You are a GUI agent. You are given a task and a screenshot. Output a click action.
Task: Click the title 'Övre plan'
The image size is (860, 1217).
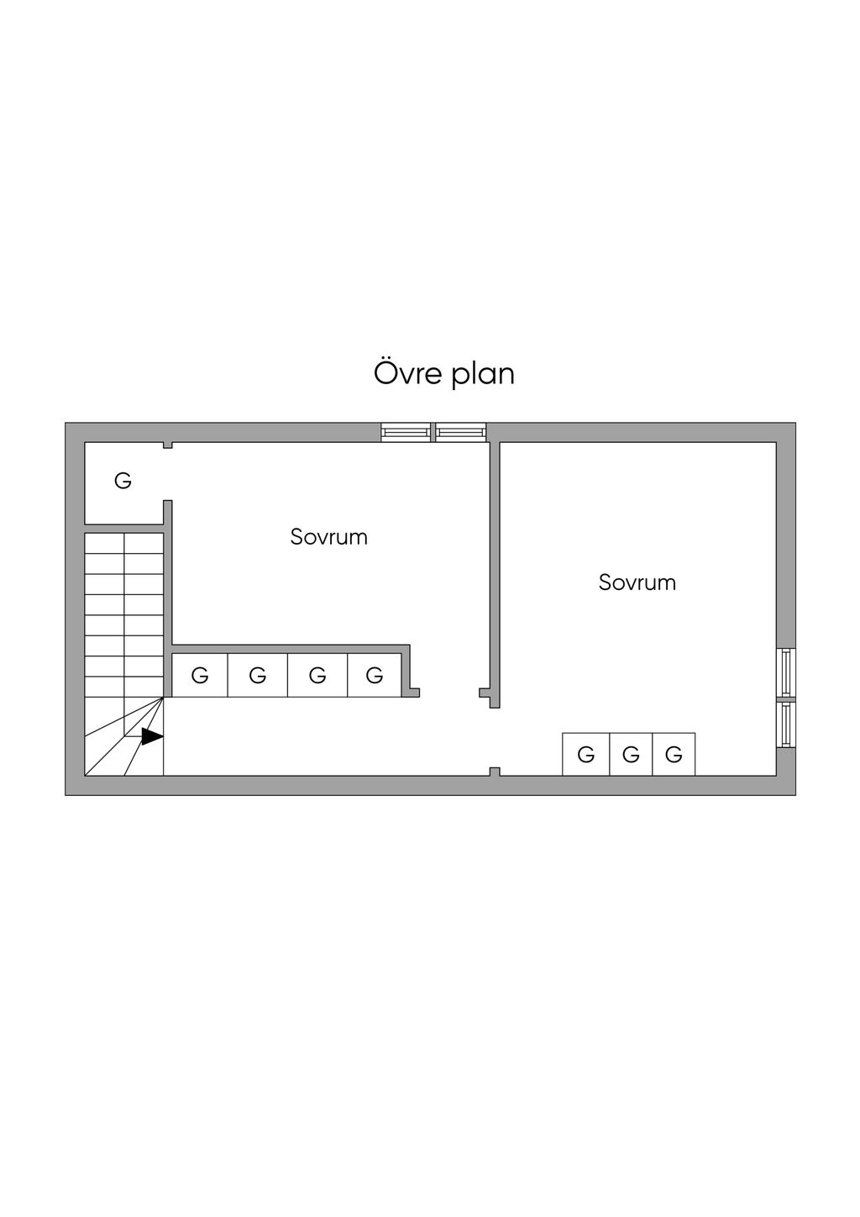[x=443, y=373]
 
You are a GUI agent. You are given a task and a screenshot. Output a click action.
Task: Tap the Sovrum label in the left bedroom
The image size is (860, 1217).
[x=329, y=537]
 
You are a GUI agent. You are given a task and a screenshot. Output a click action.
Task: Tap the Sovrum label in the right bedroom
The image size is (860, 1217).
[x=637, y=582]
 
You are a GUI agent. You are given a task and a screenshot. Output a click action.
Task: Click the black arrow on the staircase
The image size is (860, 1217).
[x=151, y=736]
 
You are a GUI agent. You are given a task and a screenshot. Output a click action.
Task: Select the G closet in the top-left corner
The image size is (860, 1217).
[x=123, y=482]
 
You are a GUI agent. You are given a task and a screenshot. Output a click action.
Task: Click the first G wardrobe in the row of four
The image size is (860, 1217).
[x=200, y=676]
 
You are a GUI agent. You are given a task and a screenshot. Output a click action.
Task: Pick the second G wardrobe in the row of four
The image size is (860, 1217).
[x=258, y=676]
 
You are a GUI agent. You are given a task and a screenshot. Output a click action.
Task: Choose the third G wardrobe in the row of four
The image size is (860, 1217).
[x=317, y=676]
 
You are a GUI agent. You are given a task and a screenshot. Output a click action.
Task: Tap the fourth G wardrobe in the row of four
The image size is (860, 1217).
[x=375, y=676]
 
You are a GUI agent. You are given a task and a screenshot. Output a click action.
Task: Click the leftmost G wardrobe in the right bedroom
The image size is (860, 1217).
[x=586, y=755]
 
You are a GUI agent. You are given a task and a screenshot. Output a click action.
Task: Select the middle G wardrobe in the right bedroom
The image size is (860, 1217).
[x=631, y=755]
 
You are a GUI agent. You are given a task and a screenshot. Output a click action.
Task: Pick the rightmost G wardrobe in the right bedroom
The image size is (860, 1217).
[x=674, y=755]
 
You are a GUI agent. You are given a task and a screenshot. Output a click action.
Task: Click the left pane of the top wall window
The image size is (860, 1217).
[x=406, y=432]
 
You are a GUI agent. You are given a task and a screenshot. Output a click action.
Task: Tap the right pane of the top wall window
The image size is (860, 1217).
[x=460, y=432]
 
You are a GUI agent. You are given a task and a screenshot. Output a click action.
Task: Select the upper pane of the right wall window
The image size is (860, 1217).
[x=786, y=672]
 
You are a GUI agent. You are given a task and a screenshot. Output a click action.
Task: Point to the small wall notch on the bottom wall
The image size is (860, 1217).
[x=495, y=771]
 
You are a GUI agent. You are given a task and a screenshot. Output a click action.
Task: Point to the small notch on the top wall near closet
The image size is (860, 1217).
[x=168, y=445]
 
